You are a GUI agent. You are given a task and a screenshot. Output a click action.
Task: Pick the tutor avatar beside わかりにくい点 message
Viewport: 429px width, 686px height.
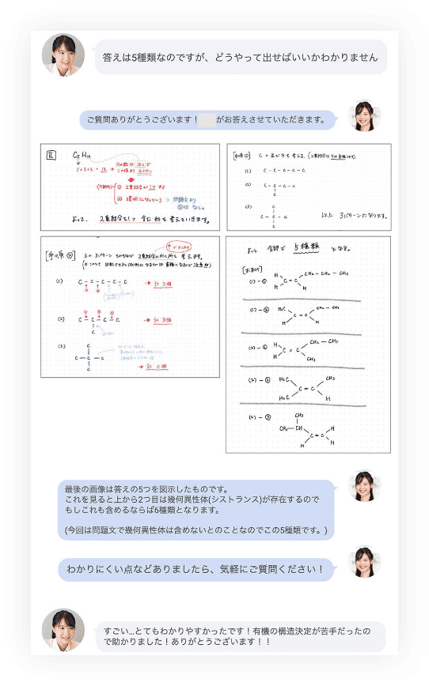365,562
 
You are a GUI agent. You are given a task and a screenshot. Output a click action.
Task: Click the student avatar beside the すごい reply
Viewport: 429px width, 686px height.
63,630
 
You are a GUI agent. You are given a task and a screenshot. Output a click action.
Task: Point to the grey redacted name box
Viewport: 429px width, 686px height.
207,120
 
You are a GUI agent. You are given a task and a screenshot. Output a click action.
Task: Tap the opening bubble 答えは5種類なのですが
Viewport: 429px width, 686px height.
241,58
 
